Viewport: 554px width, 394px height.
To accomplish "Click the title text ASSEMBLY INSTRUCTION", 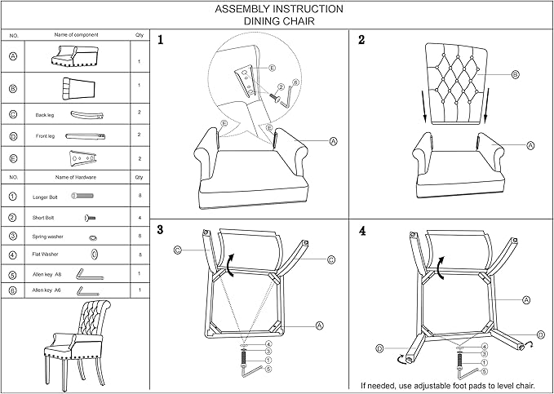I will tap(279, 10).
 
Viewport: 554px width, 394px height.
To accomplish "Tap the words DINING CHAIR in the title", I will tap(279, 23).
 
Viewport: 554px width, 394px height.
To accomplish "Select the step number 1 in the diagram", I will tap(161, 40).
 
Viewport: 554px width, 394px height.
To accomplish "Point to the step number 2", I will tap(361, 40).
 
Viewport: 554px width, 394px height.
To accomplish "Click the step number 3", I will tap(161, 231).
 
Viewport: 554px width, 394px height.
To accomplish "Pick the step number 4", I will tap(361, 231).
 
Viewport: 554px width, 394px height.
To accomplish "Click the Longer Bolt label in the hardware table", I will tap(45, 197).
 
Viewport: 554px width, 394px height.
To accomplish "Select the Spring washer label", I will tap(48, 237).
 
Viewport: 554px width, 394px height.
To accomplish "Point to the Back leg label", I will tap(44, 116).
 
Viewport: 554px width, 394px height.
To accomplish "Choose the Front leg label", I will tap(44, 135).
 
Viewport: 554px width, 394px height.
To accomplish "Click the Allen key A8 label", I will tap(47, 275).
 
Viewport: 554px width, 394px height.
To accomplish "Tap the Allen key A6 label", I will tap(47, 290).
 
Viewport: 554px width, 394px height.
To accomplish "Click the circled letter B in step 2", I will tap(515, 74).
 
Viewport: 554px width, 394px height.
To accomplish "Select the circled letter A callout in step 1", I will tap(334, 141).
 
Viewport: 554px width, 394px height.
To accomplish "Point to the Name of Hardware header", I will tap(76, 176).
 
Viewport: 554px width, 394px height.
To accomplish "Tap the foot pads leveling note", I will tap(447, 385).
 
